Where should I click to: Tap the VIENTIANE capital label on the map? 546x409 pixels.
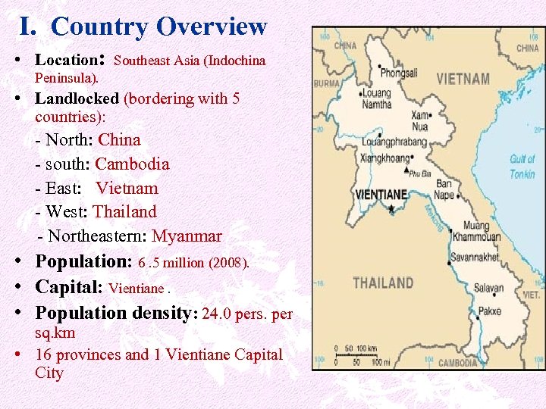381,195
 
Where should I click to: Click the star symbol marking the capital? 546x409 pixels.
391,208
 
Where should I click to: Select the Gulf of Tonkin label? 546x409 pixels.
522,167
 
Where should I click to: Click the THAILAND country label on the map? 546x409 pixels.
384,283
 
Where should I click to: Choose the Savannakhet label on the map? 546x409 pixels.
475,258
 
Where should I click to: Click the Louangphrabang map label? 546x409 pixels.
394,142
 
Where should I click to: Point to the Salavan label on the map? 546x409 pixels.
488,288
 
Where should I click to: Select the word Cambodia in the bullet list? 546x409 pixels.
132,164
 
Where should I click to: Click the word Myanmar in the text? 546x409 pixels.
187,236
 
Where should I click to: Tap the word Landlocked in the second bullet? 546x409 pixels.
77,98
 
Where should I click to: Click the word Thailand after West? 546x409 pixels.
124,212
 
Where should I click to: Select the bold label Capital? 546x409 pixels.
70,288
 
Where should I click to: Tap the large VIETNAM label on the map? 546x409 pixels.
463,79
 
